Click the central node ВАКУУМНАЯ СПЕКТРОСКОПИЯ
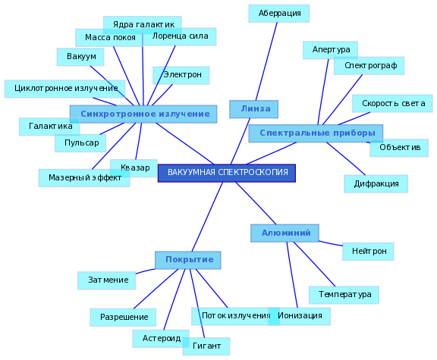coord(227,173)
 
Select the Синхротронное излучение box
coord(143,114)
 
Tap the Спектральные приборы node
coord(316,133)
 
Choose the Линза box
coord(253,109)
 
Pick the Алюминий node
coord(285,233)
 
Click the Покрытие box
coord(188,260)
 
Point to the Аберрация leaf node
coord(279,14)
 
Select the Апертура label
coord(330,50)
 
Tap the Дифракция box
coord(376,183)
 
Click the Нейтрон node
coord(368,252)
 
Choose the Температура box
coord(344,295)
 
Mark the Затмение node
coord(106,280)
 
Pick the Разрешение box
coord(123,318)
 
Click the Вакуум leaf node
coord(80,57)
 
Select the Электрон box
coord(181,75)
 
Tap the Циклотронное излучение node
coord(64,89)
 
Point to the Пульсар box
coord(80,143)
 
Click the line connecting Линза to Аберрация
coord(266,61)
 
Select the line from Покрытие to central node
coord(207,217)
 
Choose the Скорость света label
coord(392,104)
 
